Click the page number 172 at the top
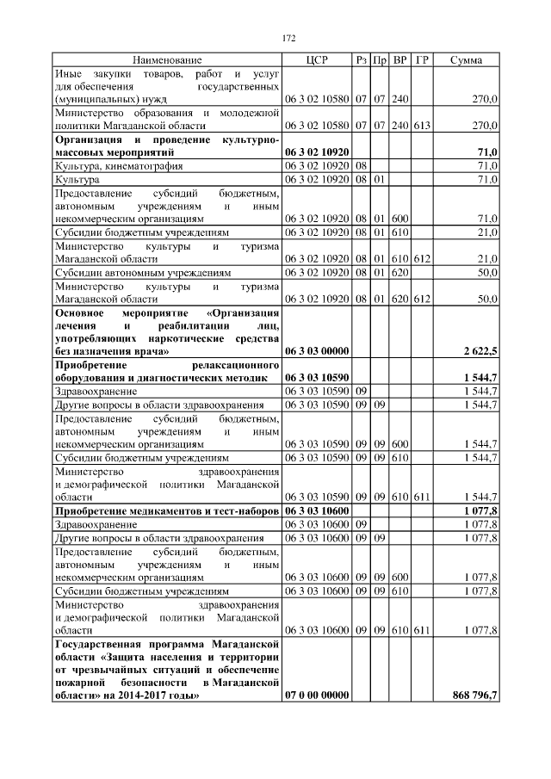coord(288,38)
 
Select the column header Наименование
coord(167,60)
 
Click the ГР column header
coord(421,60)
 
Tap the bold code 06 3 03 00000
coord(316,353)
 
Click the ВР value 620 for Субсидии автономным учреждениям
coord(399,273)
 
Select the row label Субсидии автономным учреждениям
coord(143,273)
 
